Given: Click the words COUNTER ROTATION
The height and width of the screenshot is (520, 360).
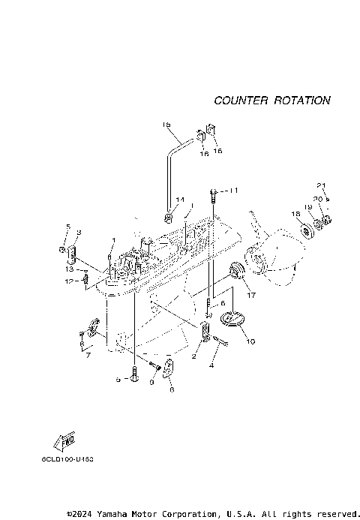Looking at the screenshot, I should pyautogui.click(x=271, y=100).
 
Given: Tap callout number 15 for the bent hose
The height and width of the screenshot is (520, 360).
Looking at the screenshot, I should pyautogui.click(x=166, y=125).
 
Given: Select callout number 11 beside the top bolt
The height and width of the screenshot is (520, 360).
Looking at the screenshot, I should pyautogui.click(x=232, y=191).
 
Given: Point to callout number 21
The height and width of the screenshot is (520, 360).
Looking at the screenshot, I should pyautogui.click(x=322, y=185).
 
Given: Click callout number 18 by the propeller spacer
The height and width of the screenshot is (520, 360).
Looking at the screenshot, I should pyautogui.click(x=295, y=215).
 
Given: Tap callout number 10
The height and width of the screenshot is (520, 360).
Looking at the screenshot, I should pyautogui.click(x=250, y=341).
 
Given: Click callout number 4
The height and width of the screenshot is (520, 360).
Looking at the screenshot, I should pyautogui.click(x=212, y=366).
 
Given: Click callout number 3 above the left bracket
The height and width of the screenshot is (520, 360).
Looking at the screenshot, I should pyautogui.click(x=79, y=233).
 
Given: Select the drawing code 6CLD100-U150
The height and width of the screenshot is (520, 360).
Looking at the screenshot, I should pyautogui.click(x=67, y=457).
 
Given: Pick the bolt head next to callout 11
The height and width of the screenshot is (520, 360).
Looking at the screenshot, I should pyautogui.click(x=215, y=193).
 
